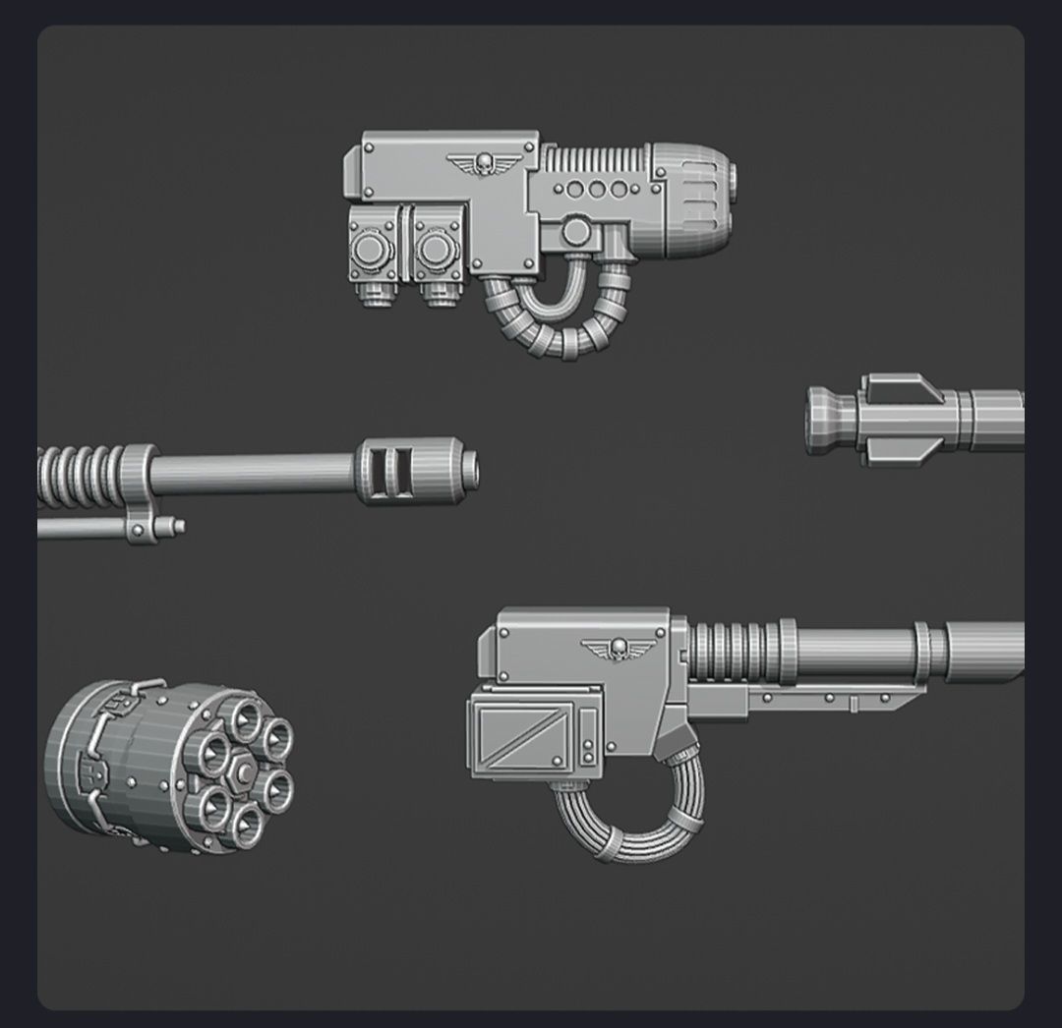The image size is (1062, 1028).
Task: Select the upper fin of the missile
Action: [901, 384]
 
